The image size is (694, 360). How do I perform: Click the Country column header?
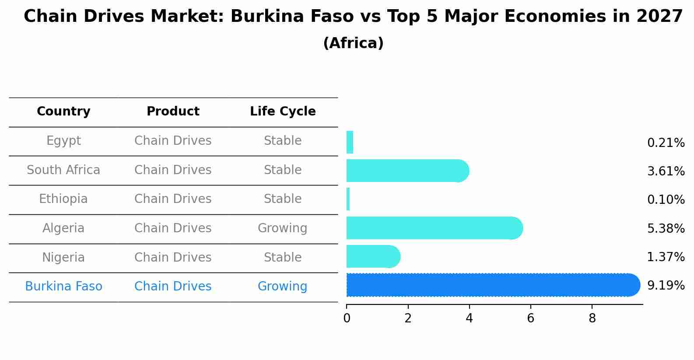(63, 112)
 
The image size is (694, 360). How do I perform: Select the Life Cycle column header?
(283, 112)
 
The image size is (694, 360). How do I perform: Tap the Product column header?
(173, 112)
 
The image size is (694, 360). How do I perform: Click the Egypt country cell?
(63, 141)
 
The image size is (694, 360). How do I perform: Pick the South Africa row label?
(63, 170)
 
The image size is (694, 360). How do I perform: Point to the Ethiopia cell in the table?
(63, 199)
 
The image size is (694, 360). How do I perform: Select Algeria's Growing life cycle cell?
(283, 228)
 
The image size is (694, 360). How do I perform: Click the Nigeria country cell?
(63, 258)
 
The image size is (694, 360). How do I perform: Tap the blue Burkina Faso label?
(63, 287)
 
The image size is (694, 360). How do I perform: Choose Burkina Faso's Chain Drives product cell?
(173, 287)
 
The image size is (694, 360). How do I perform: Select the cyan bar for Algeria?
(433, 228)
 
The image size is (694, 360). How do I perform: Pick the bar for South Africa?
(407, 171)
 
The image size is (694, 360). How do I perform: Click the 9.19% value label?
(666, 286)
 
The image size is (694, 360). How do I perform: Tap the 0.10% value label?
(666, 200)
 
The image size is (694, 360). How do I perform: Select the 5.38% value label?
(666, 228)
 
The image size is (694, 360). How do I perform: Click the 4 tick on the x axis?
(469, 318)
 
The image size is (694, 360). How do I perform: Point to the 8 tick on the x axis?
(592, 318)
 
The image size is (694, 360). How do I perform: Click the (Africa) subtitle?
(353, 43)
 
